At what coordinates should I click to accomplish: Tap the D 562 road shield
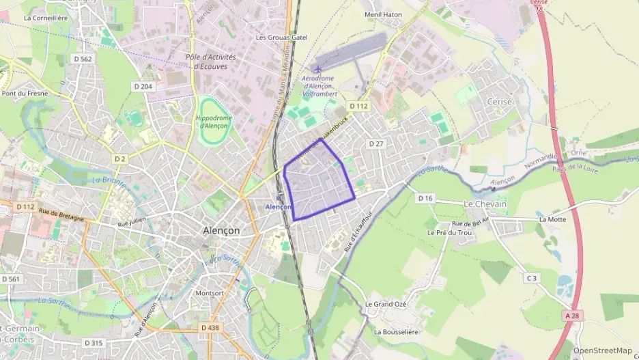click(x=83, y=59)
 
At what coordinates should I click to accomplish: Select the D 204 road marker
click(x=143, y=86)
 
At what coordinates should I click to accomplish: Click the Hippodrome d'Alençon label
click(x=214, y=122)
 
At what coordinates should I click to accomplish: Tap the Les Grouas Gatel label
click(x=281, y=38)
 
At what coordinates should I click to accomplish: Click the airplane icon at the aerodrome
click(x=317, y=68)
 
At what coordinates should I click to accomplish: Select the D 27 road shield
click(x=376, y=143)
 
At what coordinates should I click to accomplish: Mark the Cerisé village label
click(x=480, y=100)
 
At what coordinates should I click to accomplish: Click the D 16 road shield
click(x=425, y=198)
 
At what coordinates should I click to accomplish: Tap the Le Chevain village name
click(x=485, y=204)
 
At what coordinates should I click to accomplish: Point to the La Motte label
click(x=552, y=219)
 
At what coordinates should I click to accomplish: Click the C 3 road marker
click(x=531, y=277)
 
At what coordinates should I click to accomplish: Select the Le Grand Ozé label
click(x=386, y=304)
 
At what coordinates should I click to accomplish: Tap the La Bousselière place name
click(x=397, y=331)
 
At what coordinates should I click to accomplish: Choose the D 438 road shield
click(x=210, y=328)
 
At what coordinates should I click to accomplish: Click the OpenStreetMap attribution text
click(x=602, y=350)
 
